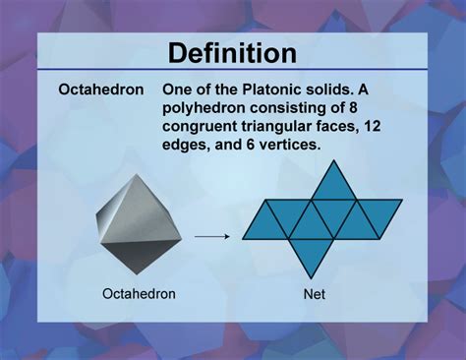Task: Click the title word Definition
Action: (233, 52)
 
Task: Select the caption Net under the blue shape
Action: (315, 293)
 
